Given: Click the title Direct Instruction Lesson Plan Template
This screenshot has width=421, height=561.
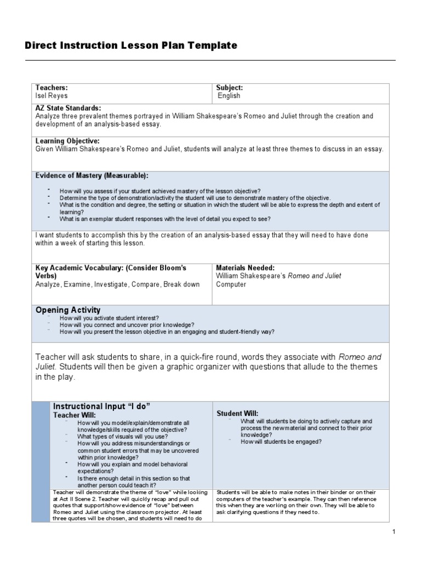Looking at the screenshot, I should pos(131,45).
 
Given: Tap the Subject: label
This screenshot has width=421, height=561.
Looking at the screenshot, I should pos(229,88).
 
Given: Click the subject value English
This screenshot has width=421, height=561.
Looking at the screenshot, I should pos(229,96).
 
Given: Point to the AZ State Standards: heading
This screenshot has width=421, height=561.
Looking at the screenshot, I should pos(68,108).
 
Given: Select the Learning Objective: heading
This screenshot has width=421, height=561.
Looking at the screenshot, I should pos(67,141).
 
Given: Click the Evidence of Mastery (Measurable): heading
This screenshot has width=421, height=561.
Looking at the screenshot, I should pos(92,175).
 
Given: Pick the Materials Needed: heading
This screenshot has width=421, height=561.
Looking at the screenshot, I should pos(245,268).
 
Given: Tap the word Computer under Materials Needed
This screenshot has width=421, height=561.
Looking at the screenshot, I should pos(231,284).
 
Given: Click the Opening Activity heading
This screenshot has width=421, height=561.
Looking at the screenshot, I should pos(68,310).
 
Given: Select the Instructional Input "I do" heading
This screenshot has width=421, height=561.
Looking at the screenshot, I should pos(101,406).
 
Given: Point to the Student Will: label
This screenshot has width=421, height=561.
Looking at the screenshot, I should pos(237,413).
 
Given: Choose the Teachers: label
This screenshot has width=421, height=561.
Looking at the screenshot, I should pos(52,88).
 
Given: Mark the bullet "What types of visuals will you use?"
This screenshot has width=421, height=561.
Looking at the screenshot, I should pos(122,436).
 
